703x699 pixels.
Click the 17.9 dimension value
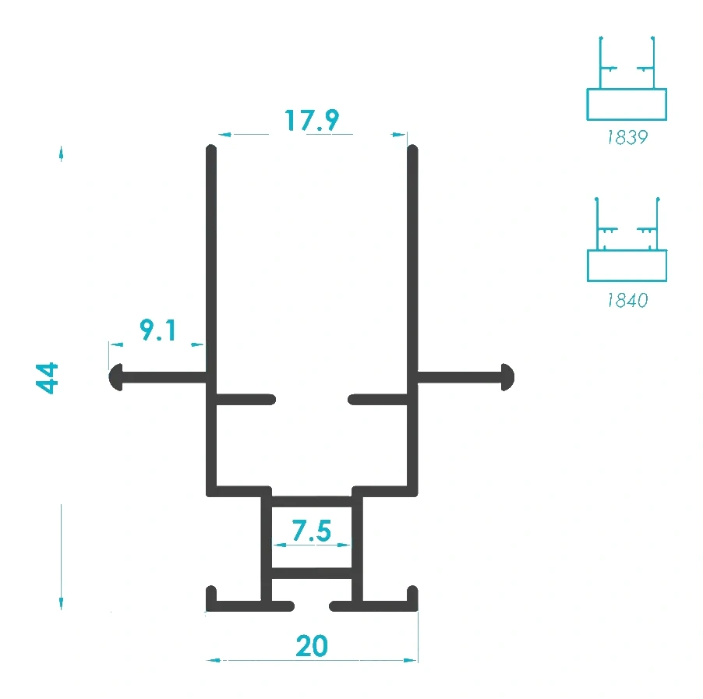point(312,120)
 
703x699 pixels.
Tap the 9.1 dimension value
point(157,330)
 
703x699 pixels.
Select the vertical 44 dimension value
point(47,378)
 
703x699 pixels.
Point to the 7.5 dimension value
point(312,531)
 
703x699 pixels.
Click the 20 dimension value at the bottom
point(312,646)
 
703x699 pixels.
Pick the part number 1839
point(627,137)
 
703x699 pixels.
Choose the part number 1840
point(627,300)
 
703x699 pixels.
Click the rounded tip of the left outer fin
point(116,377)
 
